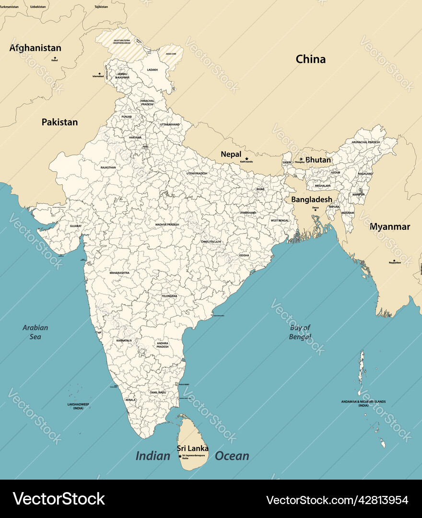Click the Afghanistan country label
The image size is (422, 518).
35,48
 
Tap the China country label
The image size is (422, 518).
310,59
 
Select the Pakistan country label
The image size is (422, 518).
59,122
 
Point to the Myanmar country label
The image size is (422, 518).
389,226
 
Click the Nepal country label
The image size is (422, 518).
231,154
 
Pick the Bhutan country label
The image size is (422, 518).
318,159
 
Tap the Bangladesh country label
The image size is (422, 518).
312,199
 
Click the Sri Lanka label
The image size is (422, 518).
192,448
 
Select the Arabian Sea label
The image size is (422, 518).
35,332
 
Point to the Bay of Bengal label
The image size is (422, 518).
300,332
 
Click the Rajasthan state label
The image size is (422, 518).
108,167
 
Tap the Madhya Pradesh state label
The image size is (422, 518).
167,224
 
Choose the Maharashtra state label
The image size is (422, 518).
119,272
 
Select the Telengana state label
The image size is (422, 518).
169,296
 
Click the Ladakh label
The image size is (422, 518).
152,70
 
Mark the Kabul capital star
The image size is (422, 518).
54,58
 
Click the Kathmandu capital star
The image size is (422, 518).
246,158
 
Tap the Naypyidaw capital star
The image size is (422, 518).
394,260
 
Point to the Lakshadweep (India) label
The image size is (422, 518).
78,406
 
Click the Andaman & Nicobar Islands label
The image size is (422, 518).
363,403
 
